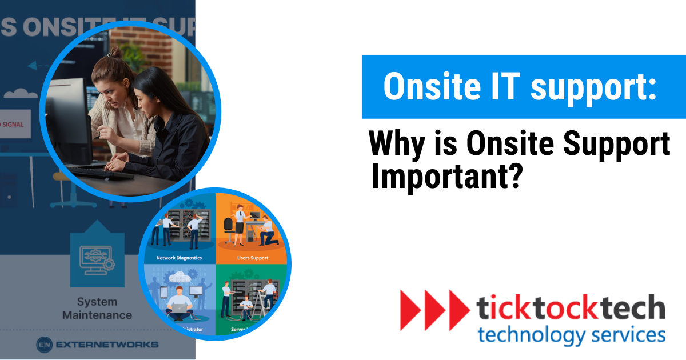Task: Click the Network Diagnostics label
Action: (179, 258)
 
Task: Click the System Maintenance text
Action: (97, 308)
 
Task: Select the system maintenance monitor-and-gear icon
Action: (97, 260)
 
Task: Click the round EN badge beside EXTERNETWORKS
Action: (45, 345)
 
